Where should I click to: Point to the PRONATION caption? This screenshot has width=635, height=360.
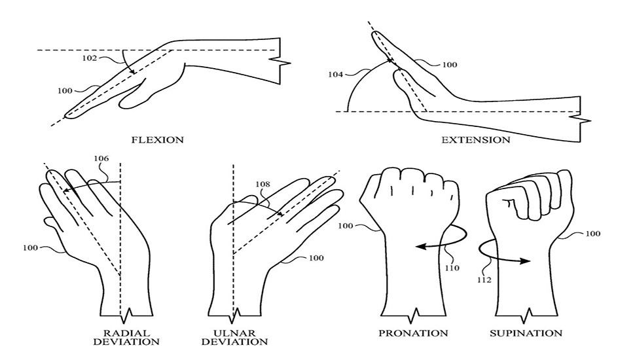click(413, 333)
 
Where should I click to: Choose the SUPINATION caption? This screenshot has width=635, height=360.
click(526, 333)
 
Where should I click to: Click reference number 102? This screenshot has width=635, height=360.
click(90, 58)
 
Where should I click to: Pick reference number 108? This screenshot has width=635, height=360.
click(262, 185)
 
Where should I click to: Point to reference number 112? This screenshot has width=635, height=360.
click(484, 279)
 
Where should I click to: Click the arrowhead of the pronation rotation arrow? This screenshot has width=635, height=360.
click(420, 246)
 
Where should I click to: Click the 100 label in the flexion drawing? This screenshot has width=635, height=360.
click(65, 90)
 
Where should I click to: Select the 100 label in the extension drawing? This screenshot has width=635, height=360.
click(450, 65)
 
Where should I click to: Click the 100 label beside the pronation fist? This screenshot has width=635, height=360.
click(346, 226)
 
